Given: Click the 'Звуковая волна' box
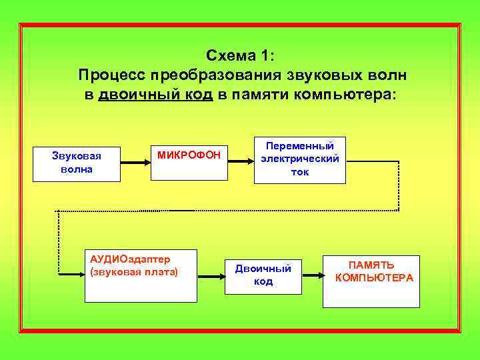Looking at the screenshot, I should click(x=77, y=163).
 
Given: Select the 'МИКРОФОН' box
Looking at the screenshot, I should click(x=189, y=162).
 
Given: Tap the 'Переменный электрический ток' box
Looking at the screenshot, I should click(x=299, y=160).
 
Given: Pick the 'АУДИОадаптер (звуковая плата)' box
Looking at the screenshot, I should click(x=139, y=274).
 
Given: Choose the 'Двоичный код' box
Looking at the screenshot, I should click(x=263, y=275).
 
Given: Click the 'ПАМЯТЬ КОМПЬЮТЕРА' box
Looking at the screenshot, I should click(x=371, y=281).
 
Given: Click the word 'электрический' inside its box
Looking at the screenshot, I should click(x=299, y=159).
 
